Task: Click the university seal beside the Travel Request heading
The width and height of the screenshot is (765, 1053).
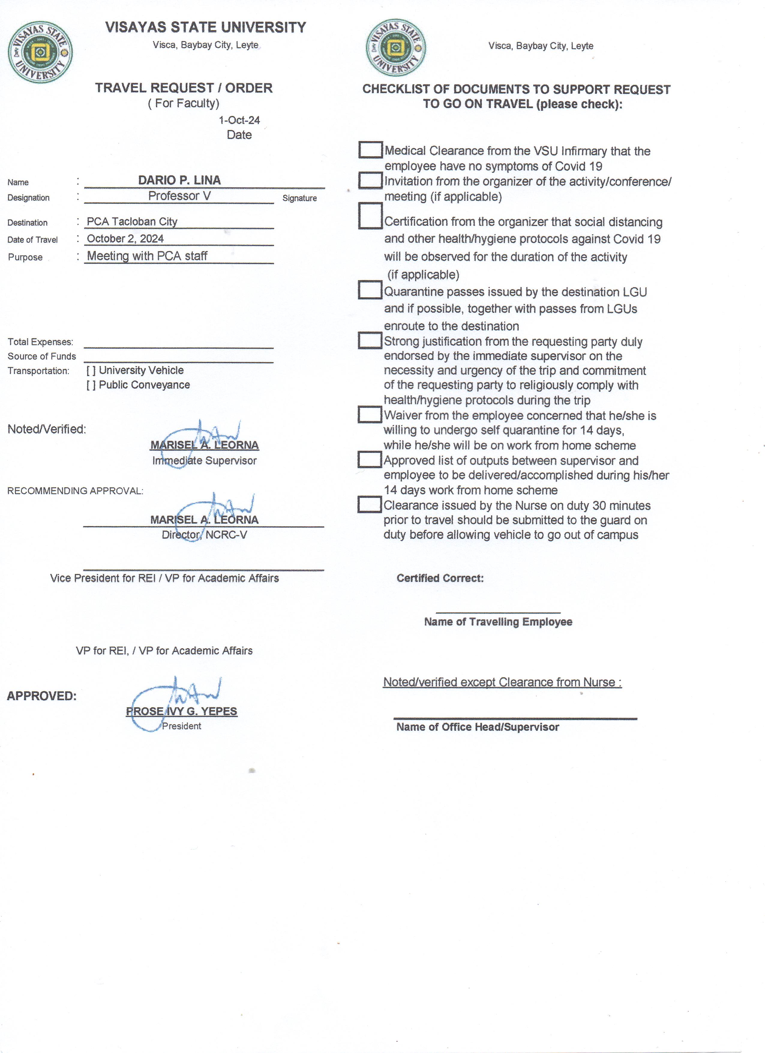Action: click(x=40, y=52)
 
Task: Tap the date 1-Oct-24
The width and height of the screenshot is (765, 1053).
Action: click(x=239, y=120)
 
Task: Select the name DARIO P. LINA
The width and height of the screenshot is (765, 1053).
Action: click(x=179, y=180)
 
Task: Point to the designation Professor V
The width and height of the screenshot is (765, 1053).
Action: click(x=179, y=196)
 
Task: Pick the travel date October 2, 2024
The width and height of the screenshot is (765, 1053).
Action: click(x=125, y=239)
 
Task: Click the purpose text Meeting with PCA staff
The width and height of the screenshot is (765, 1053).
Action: click(x=147, y=256)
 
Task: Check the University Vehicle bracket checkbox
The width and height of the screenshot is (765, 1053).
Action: click(x=91, y=371)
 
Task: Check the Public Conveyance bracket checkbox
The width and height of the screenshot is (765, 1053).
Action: click(x=91, y=385)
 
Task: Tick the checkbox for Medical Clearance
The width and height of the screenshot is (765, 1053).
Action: click(x=370, y=149)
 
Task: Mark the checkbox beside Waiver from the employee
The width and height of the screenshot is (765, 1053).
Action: click(x=370, y=414)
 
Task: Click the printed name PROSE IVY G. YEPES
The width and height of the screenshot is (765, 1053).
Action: click(x=181, y=711)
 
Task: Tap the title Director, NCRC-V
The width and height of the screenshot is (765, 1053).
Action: click(x=204, y=535)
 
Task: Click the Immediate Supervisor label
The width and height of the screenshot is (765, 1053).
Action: click(x=204, y=461)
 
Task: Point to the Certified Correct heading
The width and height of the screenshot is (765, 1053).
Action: click(x=440, y=578)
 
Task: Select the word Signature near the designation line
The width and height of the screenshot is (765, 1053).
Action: click(x=299, y=198)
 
